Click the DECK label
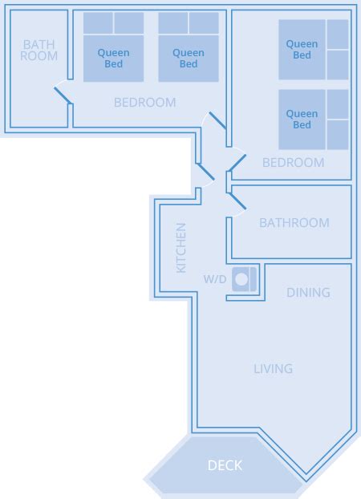coord(225,465)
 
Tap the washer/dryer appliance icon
coord(244,279)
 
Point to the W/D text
coord(215,279)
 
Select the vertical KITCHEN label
coord(181,248)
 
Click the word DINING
coord(308,293)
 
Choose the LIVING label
coord(273,369)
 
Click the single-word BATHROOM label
coord(294,223)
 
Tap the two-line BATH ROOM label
coord(39,51)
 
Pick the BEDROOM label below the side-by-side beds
coord(145,103)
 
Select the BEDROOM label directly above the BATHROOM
coord(293,163)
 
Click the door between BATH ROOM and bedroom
coord(63,95)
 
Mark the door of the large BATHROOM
coord(237,201)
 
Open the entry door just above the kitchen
coord(205,172)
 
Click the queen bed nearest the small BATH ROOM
coord(113,47)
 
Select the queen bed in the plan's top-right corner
coord(313,50)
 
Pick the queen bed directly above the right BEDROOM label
coord(313,120)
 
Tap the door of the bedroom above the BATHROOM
coord(237,163)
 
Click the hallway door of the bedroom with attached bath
coord(217,120)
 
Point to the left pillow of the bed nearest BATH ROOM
coord(98,23)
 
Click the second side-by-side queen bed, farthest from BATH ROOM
coord(189,47)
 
